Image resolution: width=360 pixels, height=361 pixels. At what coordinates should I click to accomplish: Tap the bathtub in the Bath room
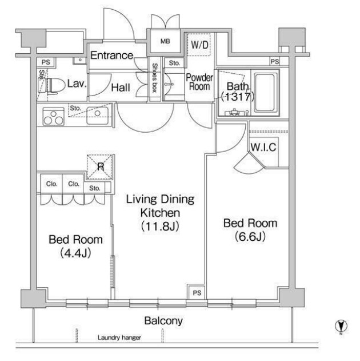tap(265, 92)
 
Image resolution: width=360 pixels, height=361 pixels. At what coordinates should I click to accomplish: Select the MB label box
tap(165, 41)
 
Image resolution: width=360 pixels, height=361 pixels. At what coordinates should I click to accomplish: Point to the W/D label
tap(199, 45)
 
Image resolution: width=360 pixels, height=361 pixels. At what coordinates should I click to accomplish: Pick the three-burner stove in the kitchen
tap(53, 117)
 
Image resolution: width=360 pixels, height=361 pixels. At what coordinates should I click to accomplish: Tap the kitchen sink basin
tap(97, 116)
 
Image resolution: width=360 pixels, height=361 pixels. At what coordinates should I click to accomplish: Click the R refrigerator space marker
tap(100, 166)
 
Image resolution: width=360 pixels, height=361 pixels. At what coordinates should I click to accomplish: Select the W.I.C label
tap(263, 147)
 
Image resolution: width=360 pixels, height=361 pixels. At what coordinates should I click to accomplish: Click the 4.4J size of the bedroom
tap(75, 253)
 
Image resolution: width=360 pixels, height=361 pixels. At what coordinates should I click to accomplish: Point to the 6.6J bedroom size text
tap(250, 236)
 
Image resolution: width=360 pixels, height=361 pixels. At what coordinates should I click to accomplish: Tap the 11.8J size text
tap(160, 226)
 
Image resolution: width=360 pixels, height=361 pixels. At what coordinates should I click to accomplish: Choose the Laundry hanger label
tap(119, 338)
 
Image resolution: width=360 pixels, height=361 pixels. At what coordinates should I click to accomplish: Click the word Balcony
tap(163, 321)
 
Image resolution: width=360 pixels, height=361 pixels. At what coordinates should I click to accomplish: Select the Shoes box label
tap(154, 78)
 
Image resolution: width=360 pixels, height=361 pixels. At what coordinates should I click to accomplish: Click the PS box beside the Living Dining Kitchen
tap(197, 292)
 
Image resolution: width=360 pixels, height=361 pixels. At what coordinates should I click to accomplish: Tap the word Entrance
tap(112, 55)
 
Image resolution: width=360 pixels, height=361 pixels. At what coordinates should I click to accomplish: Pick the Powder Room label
tap(199, 82)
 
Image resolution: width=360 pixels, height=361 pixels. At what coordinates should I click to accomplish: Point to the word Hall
tap(121, 88)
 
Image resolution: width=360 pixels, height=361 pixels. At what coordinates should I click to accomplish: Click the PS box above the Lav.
tap(46, 62)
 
